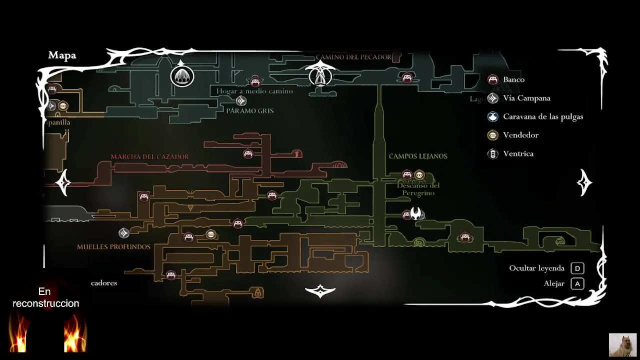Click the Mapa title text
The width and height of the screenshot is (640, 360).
(x=62, y=55)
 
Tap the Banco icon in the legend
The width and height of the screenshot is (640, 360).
(x=493, y=79)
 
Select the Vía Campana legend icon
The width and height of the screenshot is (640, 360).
(x=493, y=98)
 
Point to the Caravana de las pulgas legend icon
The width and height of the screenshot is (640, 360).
(x=493, y=116)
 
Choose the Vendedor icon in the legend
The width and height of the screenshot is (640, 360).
(x=493, y=135)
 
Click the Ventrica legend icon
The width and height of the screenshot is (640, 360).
(x=493, y=153)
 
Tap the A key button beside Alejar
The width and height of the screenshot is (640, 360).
(x=577, y=283)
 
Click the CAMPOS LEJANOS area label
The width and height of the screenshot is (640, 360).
(x=418, y=156)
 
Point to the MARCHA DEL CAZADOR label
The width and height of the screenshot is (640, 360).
(x=149, y=157)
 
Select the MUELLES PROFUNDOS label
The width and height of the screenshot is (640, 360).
(x=113, y=247)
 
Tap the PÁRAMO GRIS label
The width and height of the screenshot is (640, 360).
(x=250, y=111)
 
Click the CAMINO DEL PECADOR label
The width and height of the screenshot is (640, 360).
(x=353, y=57)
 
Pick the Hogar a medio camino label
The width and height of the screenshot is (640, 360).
(x=254, y=91)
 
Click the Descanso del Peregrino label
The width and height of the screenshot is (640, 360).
(x=418, y=189)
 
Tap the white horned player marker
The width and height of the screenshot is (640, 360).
(x=416, y=213)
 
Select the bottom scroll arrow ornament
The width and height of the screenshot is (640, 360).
(x=320, y=290)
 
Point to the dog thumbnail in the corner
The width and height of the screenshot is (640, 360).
(x=622, y=344)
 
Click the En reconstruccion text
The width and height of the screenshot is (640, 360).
(x=45, y=297)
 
